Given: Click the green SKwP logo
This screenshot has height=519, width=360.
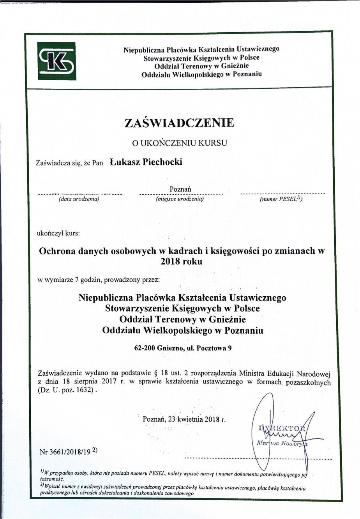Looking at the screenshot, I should point(56,61).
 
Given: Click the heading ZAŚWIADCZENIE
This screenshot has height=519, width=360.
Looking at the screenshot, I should point(180,123).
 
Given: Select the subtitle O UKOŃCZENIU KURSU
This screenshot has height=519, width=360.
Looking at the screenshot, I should point(180,143).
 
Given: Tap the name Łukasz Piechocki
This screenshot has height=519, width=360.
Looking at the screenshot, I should point(146,162).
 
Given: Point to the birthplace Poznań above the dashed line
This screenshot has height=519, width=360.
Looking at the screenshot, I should point(180,189).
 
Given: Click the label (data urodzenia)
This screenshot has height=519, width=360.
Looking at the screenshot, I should point(79,199).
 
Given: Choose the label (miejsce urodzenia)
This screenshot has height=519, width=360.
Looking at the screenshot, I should point(180,199).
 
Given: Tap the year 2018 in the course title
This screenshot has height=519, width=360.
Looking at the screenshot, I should point(171,262).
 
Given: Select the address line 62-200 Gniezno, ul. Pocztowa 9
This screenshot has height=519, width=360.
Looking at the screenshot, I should point(183,348).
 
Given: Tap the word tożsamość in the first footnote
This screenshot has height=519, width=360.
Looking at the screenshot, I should point(52,479).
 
